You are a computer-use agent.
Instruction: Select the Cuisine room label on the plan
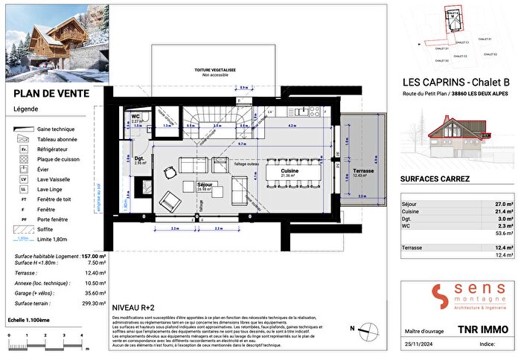[x=290, y=172]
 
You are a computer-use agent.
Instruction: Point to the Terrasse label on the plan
[x=365, y=170]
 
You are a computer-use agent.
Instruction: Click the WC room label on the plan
[x=136, y=118]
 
